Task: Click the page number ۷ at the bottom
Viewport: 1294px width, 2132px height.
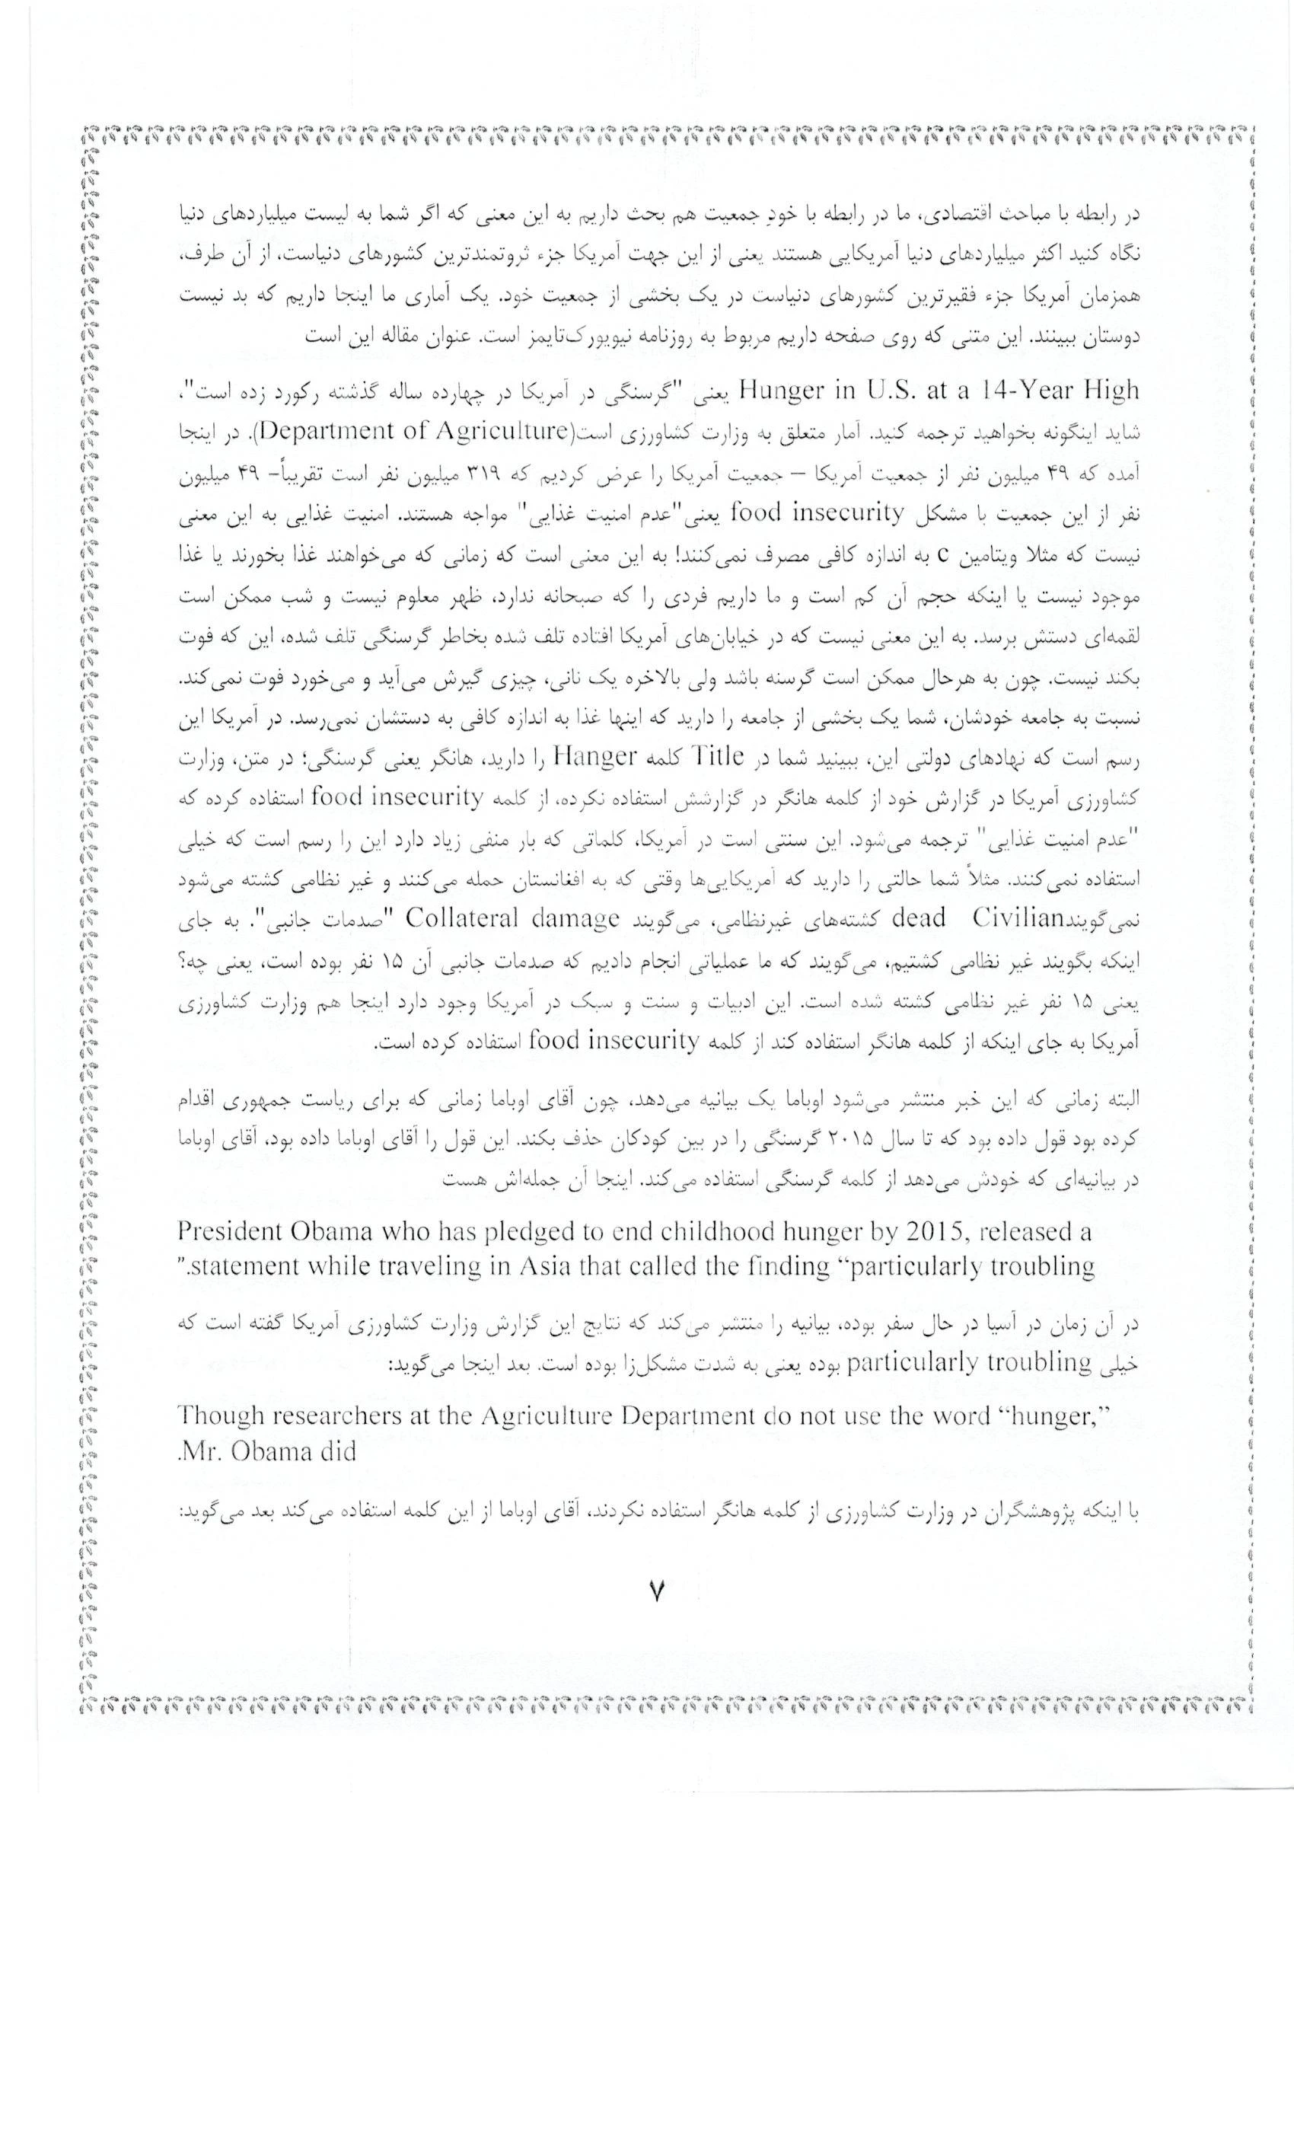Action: click(655, 1591)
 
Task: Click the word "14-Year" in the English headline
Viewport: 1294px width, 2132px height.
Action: click(1016, 391)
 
